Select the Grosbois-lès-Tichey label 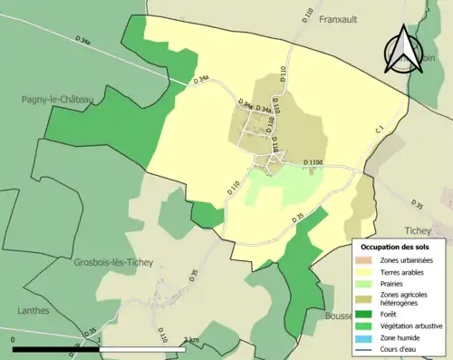point(114,263)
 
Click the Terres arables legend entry point(406,271)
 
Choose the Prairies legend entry point(398,282)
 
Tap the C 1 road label point(380,132)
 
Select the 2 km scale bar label point(189,340)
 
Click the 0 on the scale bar point(14,340)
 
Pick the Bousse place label point(340,316)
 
